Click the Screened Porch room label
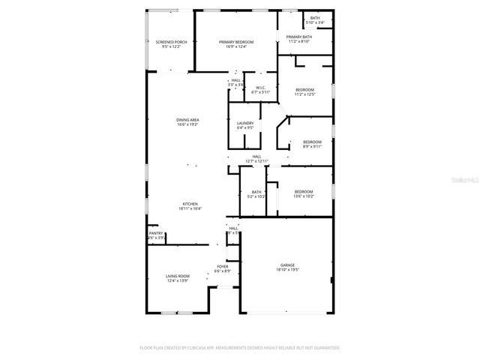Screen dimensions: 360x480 point(171,43)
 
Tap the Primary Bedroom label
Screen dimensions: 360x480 point(236,42)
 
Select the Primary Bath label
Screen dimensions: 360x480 point(298,37)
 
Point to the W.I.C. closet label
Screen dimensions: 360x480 point(261,88)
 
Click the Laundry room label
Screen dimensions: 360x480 point(245,124)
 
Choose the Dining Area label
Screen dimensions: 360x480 point(187,120)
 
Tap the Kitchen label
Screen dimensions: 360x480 point(190,204)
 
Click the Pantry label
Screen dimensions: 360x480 point(155,233)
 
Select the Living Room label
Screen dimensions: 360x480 point(178,276)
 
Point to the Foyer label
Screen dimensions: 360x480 point(223,266)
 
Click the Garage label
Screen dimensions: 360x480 point(287,265)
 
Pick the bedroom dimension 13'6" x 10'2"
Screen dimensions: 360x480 point(303,196)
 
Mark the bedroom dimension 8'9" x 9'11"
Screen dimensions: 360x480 point(312,147)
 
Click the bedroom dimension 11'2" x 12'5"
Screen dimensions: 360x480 point(304,94)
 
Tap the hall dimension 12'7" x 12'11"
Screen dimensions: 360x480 point(256,161)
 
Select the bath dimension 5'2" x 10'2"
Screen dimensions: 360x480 point(256,196)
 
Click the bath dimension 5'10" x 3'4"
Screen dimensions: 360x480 point(315,22)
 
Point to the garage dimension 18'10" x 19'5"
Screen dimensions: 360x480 point(287,270)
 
